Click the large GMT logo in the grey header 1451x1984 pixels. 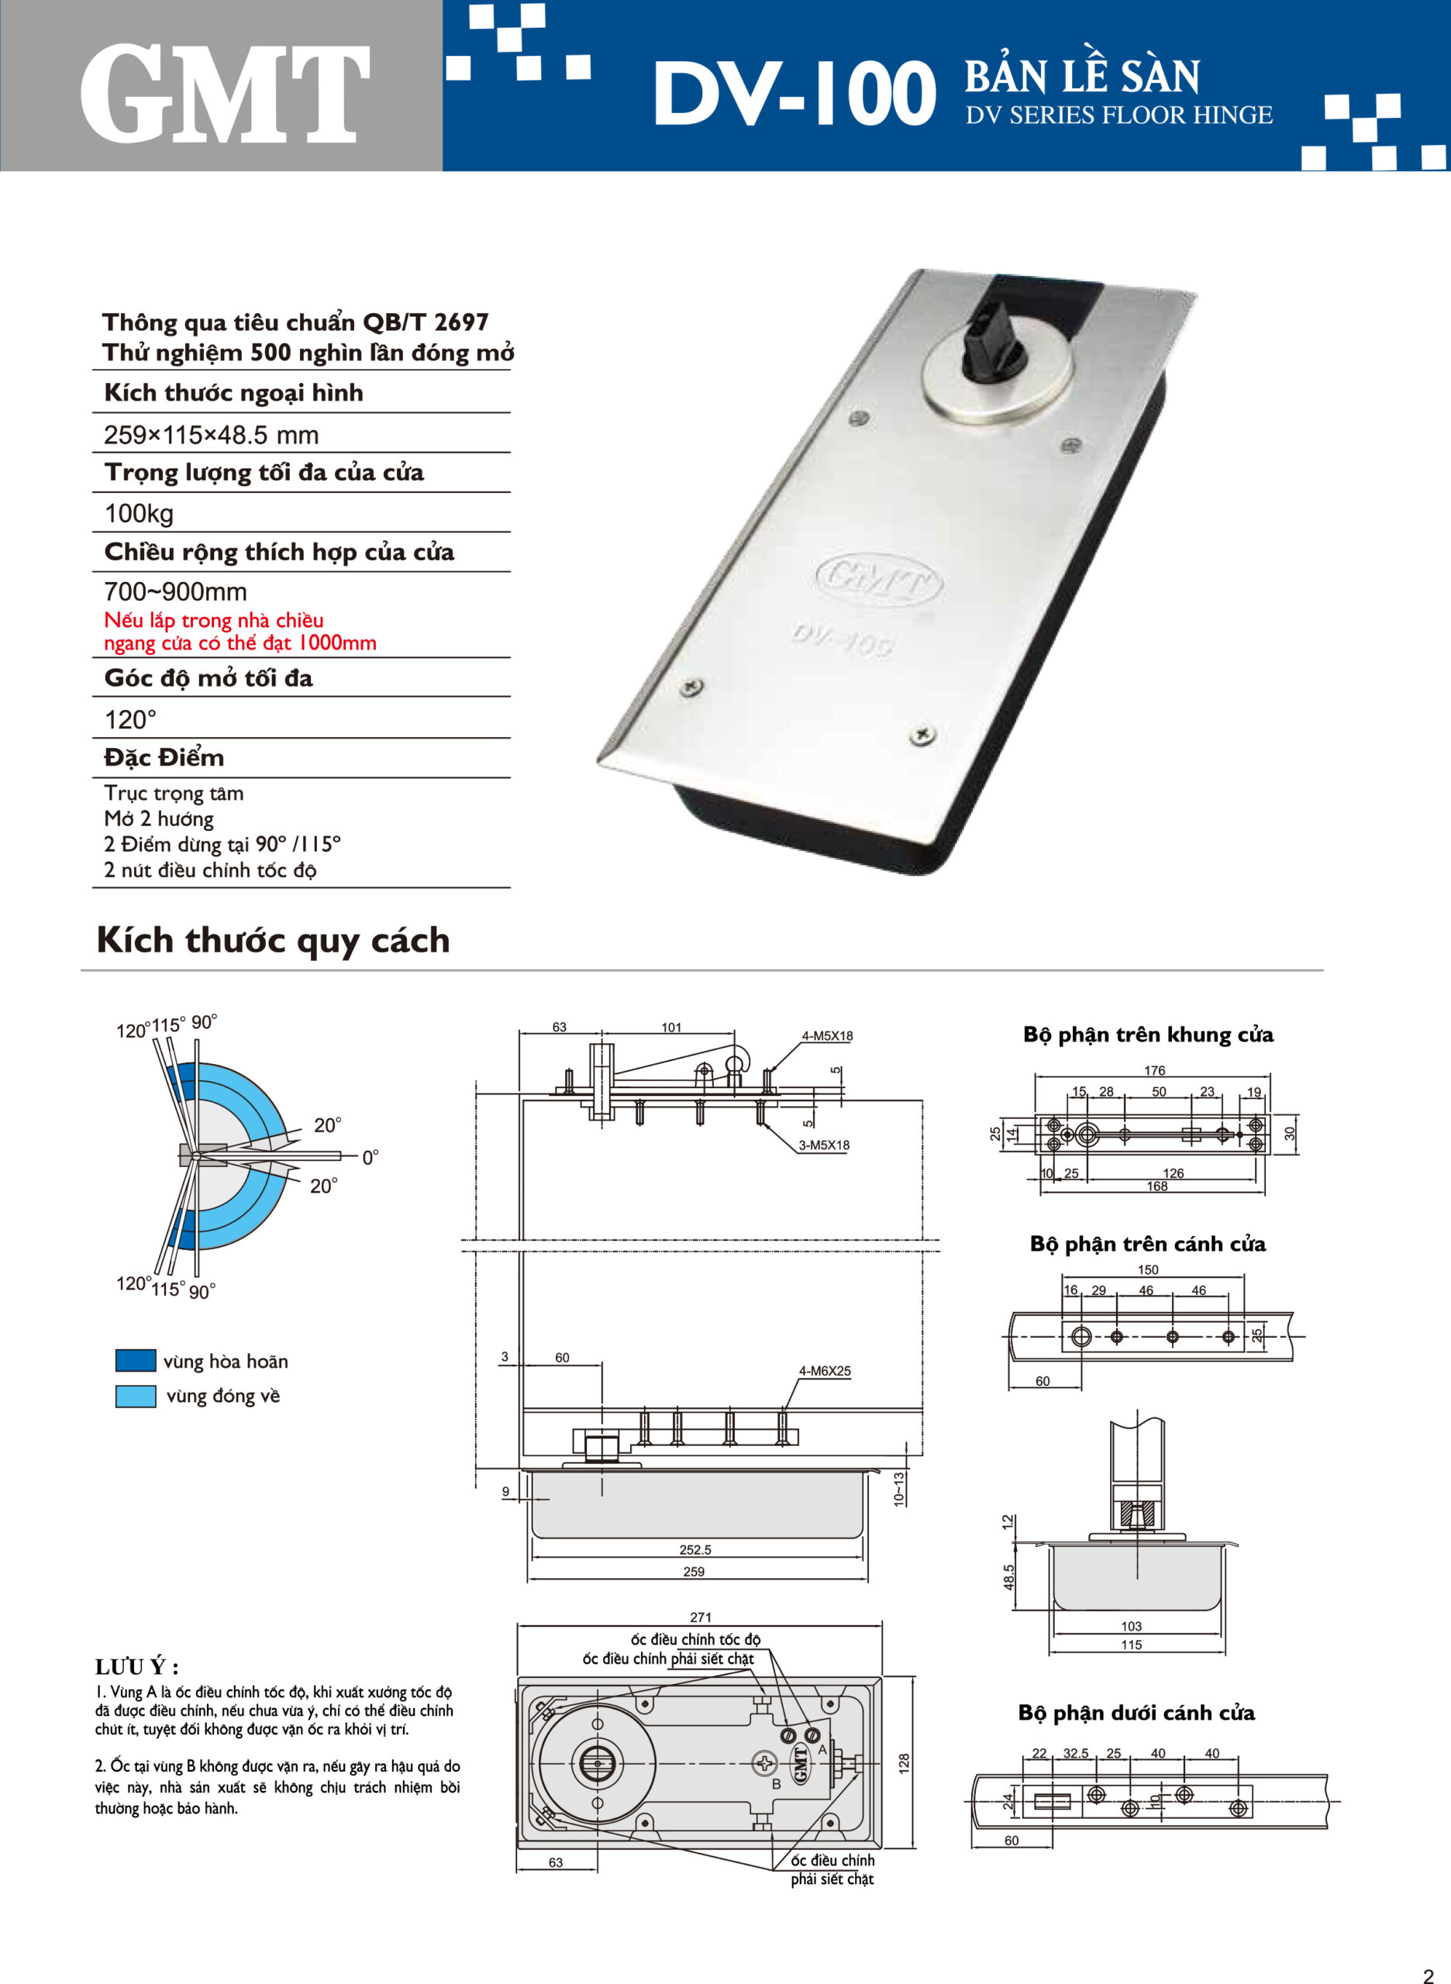coord(224,94)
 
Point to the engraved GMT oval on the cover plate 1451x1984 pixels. coord(879,580)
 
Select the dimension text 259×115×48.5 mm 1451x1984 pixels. coord(211,435)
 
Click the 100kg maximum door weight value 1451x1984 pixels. coord(139,513)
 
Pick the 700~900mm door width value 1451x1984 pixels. coord(175,591)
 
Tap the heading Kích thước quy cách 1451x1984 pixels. coord(273,940)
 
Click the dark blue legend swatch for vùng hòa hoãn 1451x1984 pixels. coord(136,1360)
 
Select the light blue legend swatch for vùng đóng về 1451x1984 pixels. coord(136,1396)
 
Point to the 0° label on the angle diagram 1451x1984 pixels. coord(370,1158)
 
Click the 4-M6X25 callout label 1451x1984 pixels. coord(824,1371)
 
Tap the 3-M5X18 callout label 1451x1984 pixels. coord(823,1145)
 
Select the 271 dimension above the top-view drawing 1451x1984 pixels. coord(700,1617)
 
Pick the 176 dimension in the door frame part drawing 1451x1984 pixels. coord(1154,1070)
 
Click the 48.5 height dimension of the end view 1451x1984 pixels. coord(1008,1576)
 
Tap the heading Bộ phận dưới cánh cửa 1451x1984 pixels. coord(1136,1713)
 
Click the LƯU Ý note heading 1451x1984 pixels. coord(137,1667)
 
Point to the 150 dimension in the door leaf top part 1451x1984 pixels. coord(1147,1270)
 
